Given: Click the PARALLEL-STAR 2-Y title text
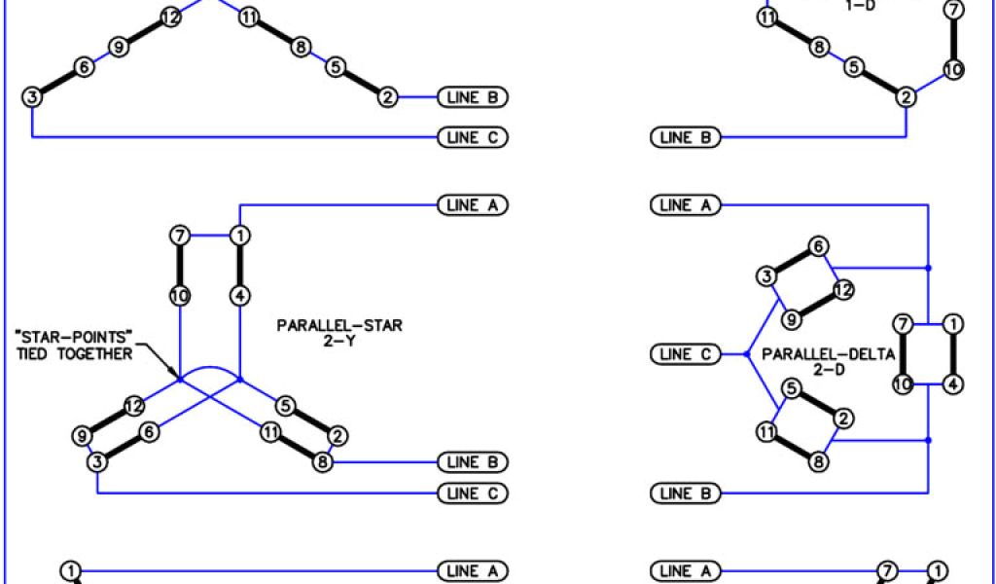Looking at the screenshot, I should click(339, 334).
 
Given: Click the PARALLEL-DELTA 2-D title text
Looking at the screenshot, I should click(828, 363).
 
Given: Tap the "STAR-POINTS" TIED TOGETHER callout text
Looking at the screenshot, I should click(74, 345).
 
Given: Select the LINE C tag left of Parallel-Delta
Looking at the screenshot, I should click(685, 354).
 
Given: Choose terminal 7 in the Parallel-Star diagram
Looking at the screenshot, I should click(179, 236).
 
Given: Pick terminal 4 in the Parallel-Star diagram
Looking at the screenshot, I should click(239, 295).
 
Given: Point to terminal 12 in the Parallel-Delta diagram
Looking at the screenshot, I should click(843, 289).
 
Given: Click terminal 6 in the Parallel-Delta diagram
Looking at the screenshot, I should click(819, 247).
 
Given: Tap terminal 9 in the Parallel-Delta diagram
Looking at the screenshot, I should click(793, 318).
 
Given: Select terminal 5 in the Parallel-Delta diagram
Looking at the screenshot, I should click(792, 390).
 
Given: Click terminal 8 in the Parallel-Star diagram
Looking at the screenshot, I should click(322, 462).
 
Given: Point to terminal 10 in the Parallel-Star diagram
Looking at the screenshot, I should click(179, 295).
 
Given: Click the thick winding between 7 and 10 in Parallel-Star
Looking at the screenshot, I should click(179, 265).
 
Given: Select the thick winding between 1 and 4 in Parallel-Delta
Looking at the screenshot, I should click(954, 353).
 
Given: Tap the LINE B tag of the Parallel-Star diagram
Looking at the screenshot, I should click(474, 461).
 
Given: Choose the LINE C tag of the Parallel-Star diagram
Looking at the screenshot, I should click(474, 493).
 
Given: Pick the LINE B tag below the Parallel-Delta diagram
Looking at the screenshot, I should click(685, 493).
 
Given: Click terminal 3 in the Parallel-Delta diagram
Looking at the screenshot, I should click(767, 276).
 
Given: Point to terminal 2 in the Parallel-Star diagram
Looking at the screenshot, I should click(338, 435).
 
